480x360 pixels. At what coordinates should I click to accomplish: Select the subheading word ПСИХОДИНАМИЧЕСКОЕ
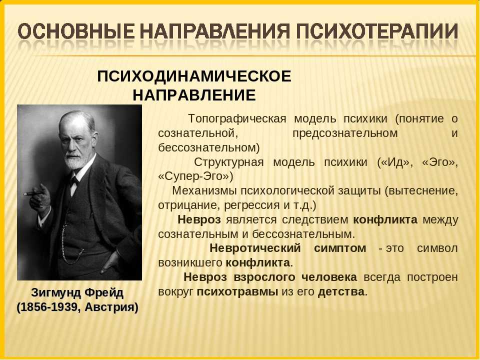pos(194,76)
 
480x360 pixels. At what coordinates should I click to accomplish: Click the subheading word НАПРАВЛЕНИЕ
pos(194,95)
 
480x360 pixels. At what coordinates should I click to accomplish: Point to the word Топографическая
pos(237,119)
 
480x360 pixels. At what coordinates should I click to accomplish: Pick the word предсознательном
pos(345,133)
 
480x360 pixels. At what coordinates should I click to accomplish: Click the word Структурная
pos(228,162)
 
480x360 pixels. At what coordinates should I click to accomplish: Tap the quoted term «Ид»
pos(395,162)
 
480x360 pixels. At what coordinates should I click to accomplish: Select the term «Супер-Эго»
pos(195,176)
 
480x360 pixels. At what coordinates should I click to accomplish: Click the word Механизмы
pos(204,190)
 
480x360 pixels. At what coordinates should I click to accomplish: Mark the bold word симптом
pos(340,248)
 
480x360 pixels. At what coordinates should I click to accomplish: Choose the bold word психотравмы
pos(237,291)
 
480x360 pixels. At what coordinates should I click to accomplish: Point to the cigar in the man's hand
pos(33,193)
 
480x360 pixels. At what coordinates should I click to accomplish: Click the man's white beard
pos(75,159)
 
